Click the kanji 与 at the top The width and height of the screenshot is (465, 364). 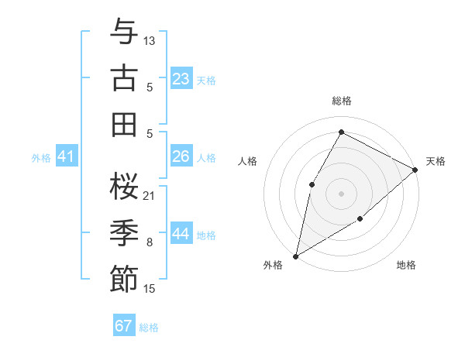coord(124,32)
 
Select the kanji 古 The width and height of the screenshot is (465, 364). coord(124,79)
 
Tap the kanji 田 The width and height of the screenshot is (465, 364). coord(124,124)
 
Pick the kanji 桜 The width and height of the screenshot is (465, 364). coord(124,186)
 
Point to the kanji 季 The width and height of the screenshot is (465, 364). coord(124,233)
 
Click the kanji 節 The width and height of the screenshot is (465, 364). coord(124,279)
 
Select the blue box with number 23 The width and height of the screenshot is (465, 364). coord(181,78)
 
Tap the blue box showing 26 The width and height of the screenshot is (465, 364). coord(181,156)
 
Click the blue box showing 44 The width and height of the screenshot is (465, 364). coord(181,234)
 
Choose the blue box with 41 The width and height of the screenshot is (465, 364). coord(67,156)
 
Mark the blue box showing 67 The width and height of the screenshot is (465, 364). coord(124,326)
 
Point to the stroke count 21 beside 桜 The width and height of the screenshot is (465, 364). coord(150,195)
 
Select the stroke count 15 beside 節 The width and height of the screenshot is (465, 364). coord(150,289)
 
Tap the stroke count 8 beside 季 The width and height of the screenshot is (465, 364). coord(150,242)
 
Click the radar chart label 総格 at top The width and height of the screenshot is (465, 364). coord(342,101)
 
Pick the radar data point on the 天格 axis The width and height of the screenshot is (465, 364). coord(415,170)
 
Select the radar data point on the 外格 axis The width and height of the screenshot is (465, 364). coord(295,256)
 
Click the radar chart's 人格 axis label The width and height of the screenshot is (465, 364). coord(248,161)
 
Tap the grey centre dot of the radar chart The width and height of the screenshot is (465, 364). coord(341,193)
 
